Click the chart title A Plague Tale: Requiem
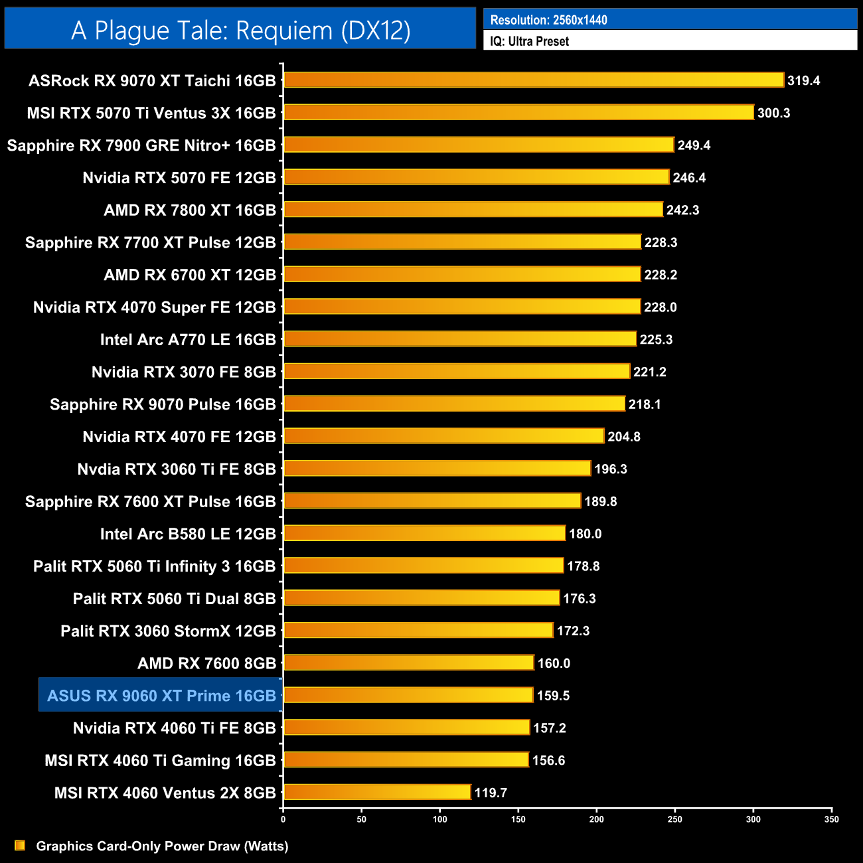point(240,31)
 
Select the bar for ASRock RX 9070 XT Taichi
point(534,80)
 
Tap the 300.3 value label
point(773,113)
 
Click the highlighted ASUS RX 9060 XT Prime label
point(161,696)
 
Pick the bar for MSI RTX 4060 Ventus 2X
point(377,792)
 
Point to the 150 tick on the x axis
point(518,819)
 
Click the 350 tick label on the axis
point(831,819)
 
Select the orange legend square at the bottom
point(20,845)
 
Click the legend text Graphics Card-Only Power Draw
point(162,846)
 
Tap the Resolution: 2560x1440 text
point(548,20)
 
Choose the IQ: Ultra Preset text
point(529,41)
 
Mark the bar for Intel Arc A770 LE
point(460,339)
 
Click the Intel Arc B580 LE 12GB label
point(188,534)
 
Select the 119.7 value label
point(491,793)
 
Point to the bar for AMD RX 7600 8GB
point(409,663)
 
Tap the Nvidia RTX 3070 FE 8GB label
point(183,372)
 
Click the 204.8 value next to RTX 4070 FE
point(624,437)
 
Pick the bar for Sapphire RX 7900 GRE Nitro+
point(479,145)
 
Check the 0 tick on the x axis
point(283,819)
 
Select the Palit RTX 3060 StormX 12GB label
point(168,631)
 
